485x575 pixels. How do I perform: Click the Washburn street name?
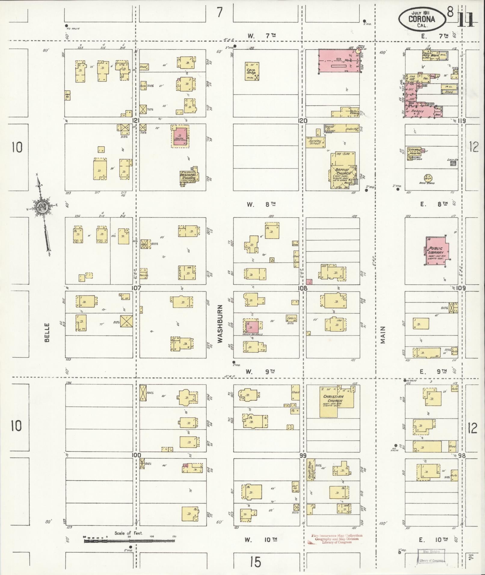[x=220, y=324]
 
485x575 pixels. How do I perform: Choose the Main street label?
[x=383, y=335]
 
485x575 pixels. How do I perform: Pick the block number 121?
[x=136, y=121]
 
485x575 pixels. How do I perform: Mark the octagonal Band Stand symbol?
[x=428, y=177]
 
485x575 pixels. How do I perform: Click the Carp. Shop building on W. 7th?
[x=252, y=71]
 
